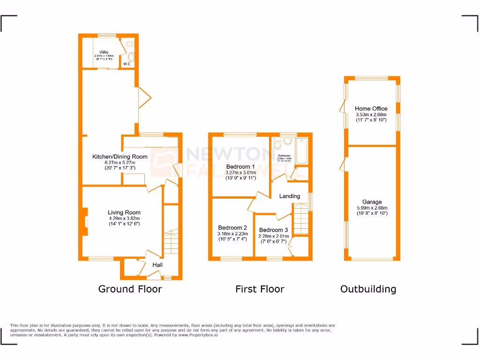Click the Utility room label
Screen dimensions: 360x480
tap(104, 52)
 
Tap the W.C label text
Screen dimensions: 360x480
tap(127, 64)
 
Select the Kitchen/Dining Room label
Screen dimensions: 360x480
tap(120, 157)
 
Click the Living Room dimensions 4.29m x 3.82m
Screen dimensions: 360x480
tap(124, 218)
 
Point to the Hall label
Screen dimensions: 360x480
tap(157, 265)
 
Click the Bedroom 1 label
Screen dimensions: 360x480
tap(240, 166)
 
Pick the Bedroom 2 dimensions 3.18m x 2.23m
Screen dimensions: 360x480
tap(232, 234)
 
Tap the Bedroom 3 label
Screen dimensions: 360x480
tap(273, 230)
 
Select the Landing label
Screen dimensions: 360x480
tap(289, 196)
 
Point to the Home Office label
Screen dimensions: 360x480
tap(371, 108)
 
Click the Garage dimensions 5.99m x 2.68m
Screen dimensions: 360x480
tap(372, 208)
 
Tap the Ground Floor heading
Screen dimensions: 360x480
tap(130, 289)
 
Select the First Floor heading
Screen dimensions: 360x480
tap(260, 289)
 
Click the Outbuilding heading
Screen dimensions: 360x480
tap(368, 289)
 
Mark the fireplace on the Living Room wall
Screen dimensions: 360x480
tap(85, 220)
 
